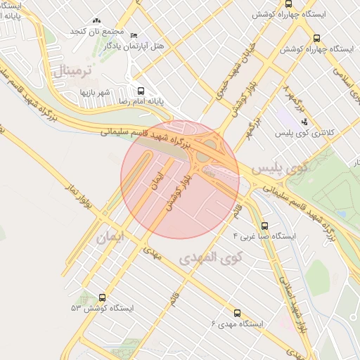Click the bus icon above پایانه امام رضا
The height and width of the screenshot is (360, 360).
pyautogui.click(x=141, y=91)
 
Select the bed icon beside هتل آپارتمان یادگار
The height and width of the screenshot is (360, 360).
pyautogui.click(x=135, y=35)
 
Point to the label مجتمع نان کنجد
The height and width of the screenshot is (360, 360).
pyautogui.click(x=97, y=32)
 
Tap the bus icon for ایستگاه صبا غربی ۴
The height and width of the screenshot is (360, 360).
pyautogui.click(x=264, y=226)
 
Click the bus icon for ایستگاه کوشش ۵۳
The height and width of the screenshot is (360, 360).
pyautogui.click(x=103, y=298)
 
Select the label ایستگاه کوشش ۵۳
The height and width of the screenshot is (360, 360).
pyautogui.click(x=102, y=309)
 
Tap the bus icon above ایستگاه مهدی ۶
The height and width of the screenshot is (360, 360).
pyautogui.click(x=236, y=313)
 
